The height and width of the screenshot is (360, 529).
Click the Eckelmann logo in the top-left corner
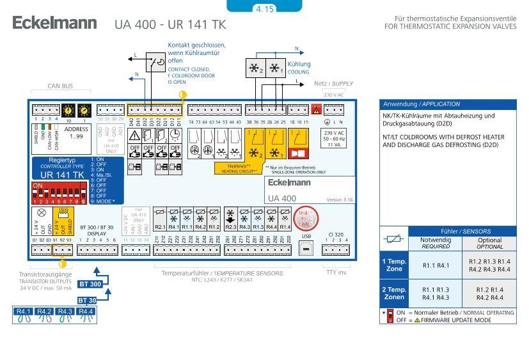(x=54, y=24)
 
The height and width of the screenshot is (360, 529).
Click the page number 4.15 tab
(x=264, y=8)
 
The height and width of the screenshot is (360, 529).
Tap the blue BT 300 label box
(x=90, y=284)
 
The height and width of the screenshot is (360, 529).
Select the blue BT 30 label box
(x=88, y=300)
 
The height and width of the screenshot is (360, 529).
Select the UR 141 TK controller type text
(x=62, y=174)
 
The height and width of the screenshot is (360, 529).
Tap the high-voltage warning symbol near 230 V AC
(x=315, y=110)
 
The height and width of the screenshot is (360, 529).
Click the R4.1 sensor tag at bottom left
(x=24, y=312)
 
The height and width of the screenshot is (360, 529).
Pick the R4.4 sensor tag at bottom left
(x=86, y=312)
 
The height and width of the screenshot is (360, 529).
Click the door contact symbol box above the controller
(x=156, y=63)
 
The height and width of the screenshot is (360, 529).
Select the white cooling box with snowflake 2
(x=256, y=69)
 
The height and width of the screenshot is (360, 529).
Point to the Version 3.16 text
(x=340, y=200)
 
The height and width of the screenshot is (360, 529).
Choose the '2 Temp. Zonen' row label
(x=394, y=293)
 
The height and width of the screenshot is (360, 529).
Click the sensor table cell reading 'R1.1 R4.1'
(x=436, y=265)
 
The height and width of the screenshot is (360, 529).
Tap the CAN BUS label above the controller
(x=61, y=85)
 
